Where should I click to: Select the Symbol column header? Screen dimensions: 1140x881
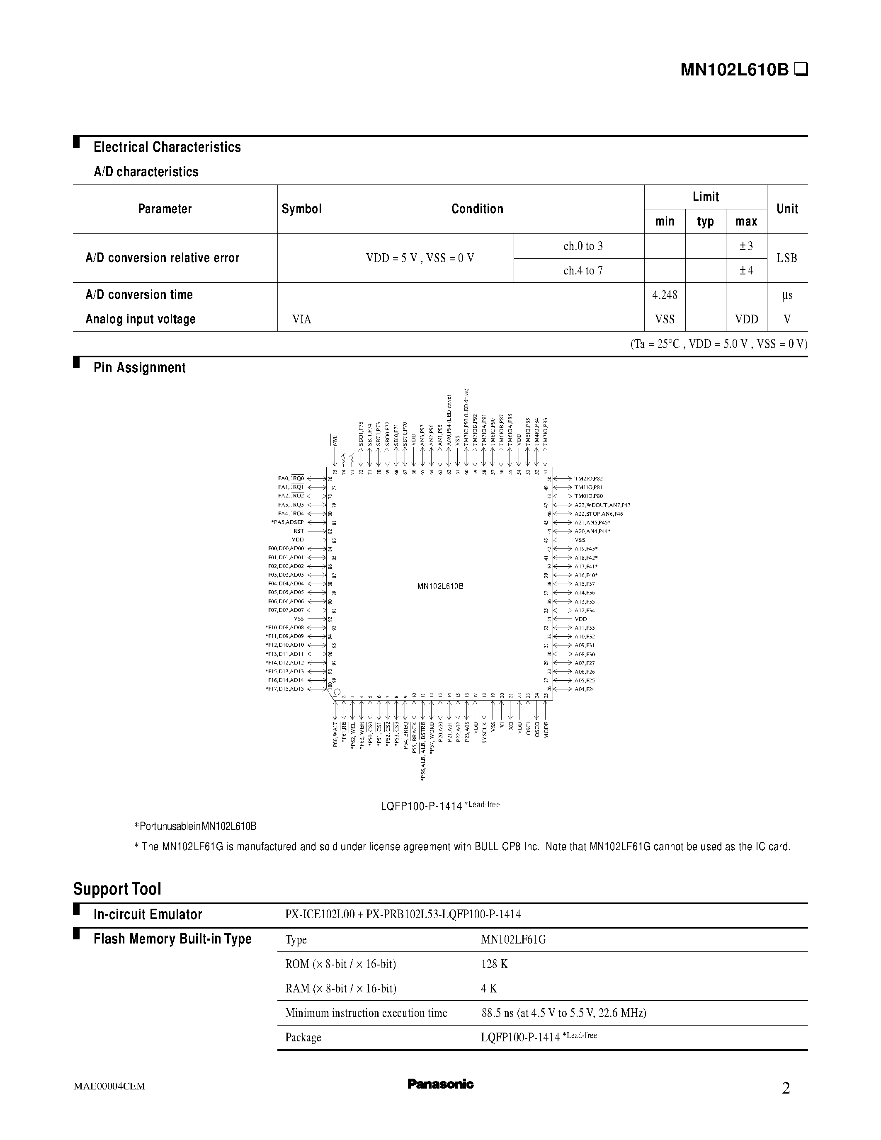coord(301,209)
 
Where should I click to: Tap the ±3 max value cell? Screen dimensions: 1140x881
coord(746,246)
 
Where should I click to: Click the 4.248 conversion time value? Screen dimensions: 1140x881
coord(665,295)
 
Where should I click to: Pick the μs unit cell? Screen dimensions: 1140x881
coord(787,295)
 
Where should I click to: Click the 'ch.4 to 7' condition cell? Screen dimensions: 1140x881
coord(583,270)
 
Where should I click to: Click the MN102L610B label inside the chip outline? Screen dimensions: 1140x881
coord(440,586)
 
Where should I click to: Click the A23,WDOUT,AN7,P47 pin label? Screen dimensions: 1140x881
coord(602,505)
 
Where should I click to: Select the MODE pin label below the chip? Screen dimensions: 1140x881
coord(546,730)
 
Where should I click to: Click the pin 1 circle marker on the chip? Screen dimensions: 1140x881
coord(337,693)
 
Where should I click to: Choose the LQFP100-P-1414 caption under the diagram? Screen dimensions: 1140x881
coord(421,806)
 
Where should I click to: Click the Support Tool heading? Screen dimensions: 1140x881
coord(117,888)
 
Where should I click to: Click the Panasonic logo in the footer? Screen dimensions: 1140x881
coord(440,1084)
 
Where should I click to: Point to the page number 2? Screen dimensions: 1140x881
coord(786,1088)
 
